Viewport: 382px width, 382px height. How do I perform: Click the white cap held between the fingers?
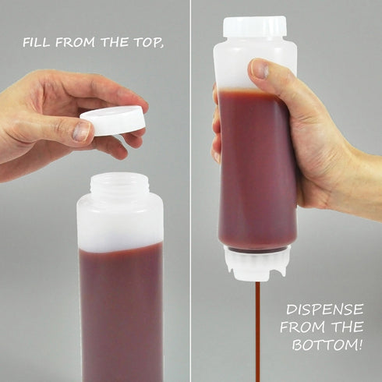114,120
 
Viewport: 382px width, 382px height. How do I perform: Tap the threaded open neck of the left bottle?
119,186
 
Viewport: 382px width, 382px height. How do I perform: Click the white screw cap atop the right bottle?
254,27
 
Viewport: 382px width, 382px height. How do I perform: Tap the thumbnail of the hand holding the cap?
81,131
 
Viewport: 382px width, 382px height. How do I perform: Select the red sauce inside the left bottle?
121,312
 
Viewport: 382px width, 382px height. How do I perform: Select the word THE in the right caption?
352,327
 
